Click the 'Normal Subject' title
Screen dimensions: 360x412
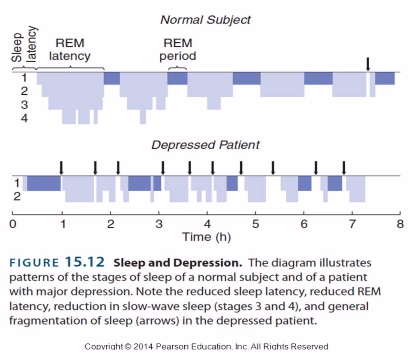click(x=205, y=20)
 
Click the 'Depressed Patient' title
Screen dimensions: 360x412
click(x=205, y=145)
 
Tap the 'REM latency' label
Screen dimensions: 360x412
click(x=70, y=49)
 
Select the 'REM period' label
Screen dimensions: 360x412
click(x=177, y=49)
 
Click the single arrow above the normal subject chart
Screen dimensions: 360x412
click(x=367, y=64)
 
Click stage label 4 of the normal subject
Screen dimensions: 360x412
click(x=25, y=118)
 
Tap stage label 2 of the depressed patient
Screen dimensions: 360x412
click(x=17, y=197)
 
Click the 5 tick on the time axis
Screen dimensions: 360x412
click(x=255, y=224)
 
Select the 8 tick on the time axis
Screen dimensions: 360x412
click(x=400, y=224)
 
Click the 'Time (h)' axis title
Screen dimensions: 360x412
click(x=206, y=237)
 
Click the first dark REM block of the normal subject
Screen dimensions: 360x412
click(x=112, y=79)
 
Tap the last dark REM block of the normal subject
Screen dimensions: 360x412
click(x=385, y=79)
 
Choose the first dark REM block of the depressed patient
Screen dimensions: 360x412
click(x=44, y=183)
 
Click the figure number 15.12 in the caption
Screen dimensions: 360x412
click(x=85, y=263)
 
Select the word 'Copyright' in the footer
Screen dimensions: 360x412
click(x=102, y=346)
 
